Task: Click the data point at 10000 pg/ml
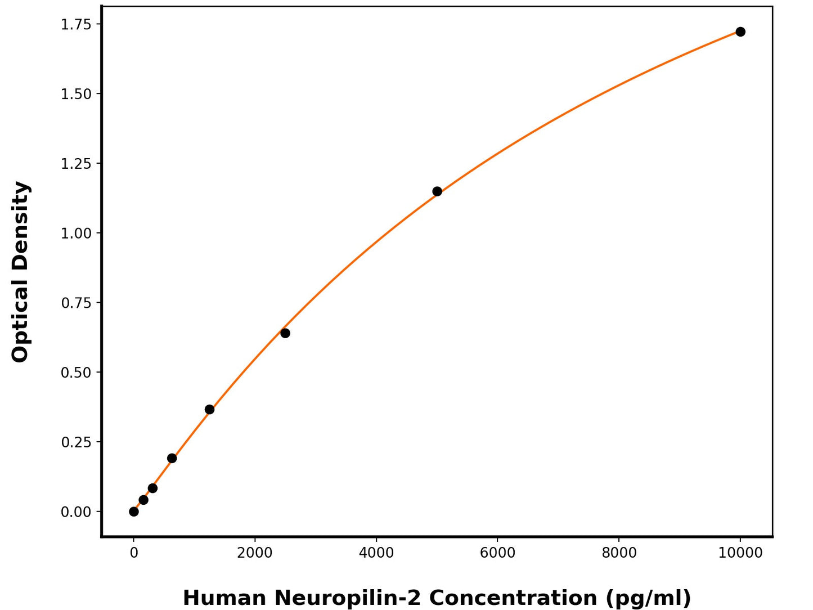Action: (740, 32)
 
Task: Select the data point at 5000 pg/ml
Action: (437, 191)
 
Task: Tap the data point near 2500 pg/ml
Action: (285, 333)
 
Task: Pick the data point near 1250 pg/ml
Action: (209, 409)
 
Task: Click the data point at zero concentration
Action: (134, 512)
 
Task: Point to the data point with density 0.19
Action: (172, 458)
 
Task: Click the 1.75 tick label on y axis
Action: (76, 24)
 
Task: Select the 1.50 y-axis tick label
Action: (76, 94)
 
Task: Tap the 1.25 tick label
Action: (76, 164)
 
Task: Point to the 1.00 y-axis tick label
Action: (76, 233)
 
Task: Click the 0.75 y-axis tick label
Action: (76, 303)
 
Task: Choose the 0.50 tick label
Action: (76, 373)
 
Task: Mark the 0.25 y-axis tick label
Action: (76, 442)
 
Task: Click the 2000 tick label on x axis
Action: (255, 553)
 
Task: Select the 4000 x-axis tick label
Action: (376, 553)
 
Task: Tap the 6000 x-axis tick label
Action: (497, 553)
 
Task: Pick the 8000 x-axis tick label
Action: (619, 553)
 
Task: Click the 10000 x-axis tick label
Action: (740, 553)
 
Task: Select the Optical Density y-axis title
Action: (20, 272)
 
